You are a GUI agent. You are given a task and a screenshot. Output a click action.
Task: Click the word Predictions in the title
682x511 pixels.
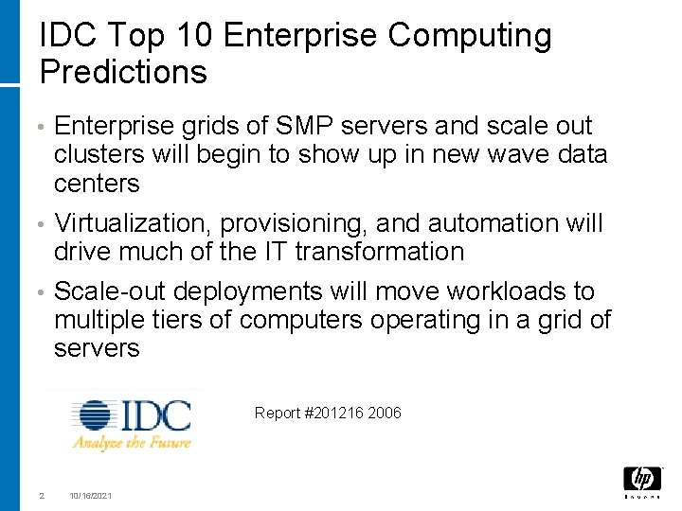point(123,72)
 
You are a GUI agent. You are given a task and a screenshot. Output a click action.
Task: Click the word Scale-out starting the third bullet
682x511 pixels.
point(111,291)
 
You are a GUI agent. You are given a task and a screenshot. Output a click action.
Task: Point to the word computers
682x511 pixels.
point(300,320)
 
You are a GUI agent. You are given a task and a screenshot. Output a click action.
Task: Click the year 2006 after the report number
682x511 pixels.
point(386,413)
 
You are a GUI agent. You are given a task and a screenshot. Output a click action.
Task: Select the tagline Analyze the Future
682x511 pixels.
point(132,442)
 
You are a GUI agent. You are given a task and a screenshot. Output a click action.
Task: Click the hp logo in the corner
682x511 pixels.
point(642,480)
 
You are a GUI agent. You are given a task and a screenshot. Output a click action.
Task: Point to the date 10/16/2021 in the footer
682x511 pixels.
point(90,496)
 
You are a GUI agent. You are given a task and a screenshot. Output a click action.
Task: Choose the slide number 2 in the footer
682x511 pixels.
point(41,496)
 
